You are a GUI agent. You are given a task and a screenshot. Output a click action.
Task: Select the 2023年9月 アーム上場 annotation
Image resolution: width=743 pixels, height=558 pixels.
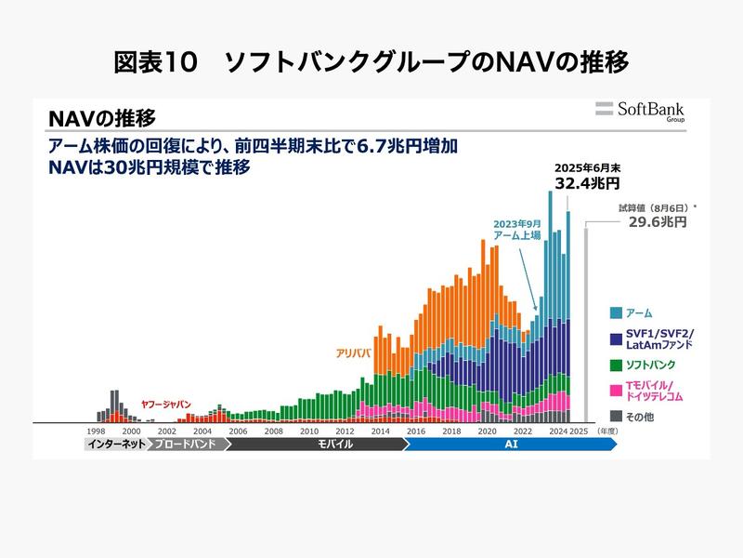(x=517, y=229)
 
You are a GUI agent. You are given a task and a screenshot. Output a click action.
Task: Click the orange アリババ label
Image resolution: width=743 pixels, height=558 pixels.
(x=354, y=353)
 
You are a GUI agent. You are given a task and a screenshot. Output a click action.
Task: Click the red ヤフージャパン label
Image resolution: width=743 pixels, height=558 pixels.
(x=165, y=405)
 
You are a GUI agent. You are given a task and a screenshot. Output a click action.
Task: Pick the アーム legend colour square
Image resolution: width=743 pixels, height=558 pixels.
(x=617, y=312)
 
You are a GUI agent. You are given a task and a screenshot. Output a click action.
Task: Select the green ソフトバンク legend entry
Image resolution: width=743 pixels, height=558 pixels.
(x=651, y=365)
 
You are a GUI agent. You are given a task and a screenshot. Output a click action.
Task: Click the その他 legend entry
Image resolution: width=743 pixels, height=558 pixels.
(x=640, y=417)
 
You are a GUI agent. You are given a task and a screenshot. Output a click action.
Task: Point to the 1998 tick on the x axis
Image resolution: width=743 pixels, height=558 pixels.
(x=96, y=432)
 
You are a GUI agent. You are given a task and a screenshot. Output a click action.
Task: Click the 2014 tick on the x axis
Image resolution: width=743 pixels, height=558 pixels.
(x=381, y=432)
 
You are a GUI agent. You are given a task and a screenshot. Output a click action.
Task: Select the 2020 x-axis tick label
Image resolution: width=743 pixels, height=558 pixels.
(x=487, y=432)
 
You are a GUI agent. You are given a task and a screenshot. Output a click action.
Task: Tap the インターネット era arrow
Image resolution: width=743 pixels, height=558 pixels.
(x=114, y=445)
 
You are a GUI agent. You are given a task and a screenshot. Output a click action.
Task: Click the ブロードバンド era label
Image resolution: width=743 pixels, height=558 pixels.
(x=186, y=445)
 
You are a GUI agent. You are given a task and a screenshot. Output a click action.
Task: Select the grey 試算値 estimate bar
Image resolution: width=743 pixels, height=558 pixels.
(x=586, y=325)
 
